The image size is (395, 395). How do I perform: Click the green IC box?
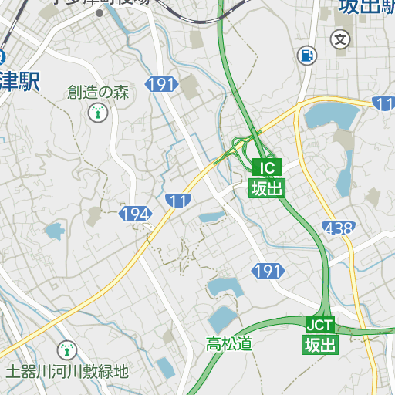click(266, 167)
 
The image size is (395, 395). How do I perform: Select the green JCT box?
click(319, 324)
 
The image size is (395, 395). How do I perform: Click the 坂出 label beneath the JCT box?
click(319, 344)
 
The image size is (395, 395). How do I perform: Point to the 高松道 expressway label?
click(229, 344)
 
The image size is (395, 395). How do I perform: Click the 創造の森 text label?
click(98, 93)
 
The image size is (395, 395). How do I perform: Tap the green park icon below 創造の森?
click(97, 113)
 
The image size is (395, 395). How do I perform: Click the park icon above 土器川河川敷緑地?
click(67, 350)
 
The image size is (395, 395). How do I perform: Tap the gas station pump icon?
click(307, 56)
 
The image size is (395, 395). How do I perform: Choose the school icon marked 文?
click(340, 39)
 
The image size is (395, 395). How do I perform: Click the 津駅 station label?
click(21, 80)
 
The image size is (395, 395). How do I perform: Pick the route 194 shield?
click(134, 213)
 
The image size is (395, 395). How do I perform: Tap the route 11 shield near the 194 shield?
click(178, 201)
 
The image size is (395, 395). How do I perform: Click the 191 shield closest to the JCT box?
click(268, 271)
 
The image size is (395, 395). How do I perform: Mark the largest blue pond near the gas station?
click(333, 116)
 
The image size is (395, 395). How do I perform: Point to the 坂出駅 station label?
click(366, 8)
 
